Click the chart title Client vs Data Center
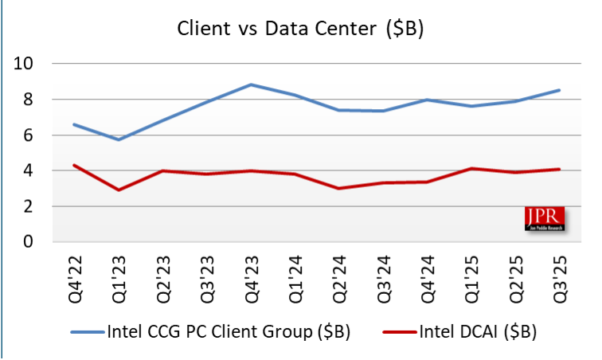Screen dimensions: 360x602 click(x=299, y=29)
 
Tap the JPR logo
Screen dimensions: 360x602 click(x=545, y=219)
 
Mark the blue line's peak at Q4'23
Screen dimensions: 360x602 click(x=251, y=84)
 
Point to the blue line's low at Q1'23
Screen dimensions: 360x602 click(x=119, y=139)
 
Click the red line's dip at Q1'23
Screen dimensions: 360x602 click(x=119, y=190)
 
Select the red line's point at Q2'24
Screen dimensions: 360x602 click(x=338, y=188)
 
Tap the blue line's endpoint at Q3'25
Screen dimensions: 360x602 click(x=559, y=90)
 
